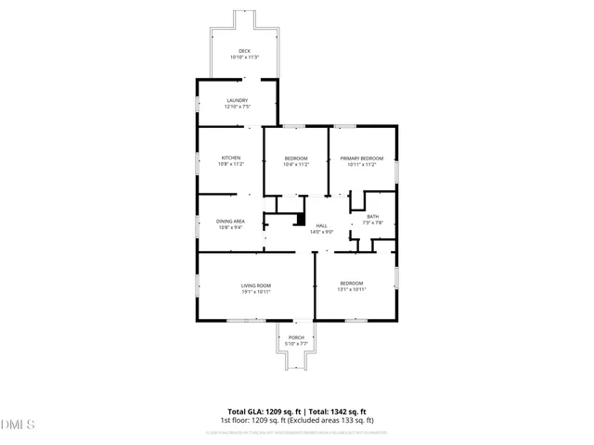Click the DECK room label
point(244,51)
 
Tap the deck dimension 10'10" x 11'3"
point(244,57)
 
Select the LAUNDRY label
point(238,100)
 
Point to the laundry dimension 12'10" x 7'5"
point(238,107)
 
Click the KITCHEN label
point(231,158)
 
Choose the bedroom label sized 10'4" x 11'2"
point(295,158)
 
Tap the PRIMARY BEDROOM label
point(360,158)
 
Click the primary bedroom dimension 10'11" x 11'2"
point(360,164)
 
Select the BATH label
point(372,217)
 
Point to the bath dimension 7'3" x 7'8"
point(372,223)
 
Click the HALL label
point(322,225)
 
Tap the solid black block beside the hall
point(299,220)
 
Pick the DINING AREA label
point(230,221)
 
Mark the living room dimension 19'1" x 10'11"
point(256,291)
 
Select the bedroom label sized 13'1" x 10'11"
point(351,283)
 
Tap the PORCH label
point(296,337)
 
